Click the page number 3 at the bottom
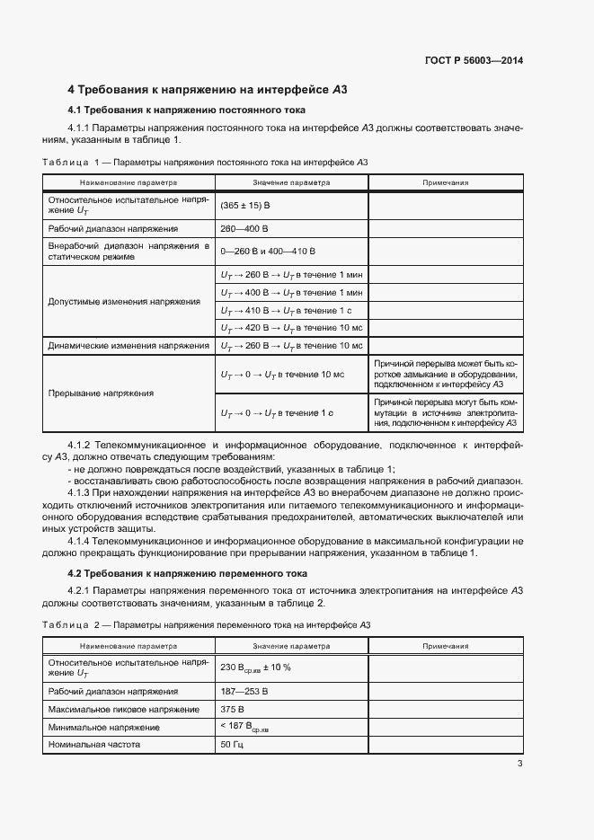point(520,764)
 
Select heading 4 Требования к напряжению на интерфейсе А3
point(208,90)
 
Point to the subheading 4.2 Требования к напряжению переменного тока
point(188,573)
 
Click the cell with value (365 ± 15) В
point(245,206)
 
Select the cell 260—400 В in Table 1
point(244,229)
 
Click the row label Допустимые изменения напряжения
point(124,302)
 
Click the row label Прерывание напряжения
point(101,393)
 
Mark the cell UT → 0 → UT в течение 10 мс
point(282,373)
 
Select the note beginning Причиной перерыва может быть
point(445,373)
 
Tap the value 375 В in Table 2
point(232,709)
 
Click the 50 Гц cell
point(231,745)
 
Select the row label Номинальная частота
point(95,745)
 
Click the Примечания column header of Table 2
point(445,646)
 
